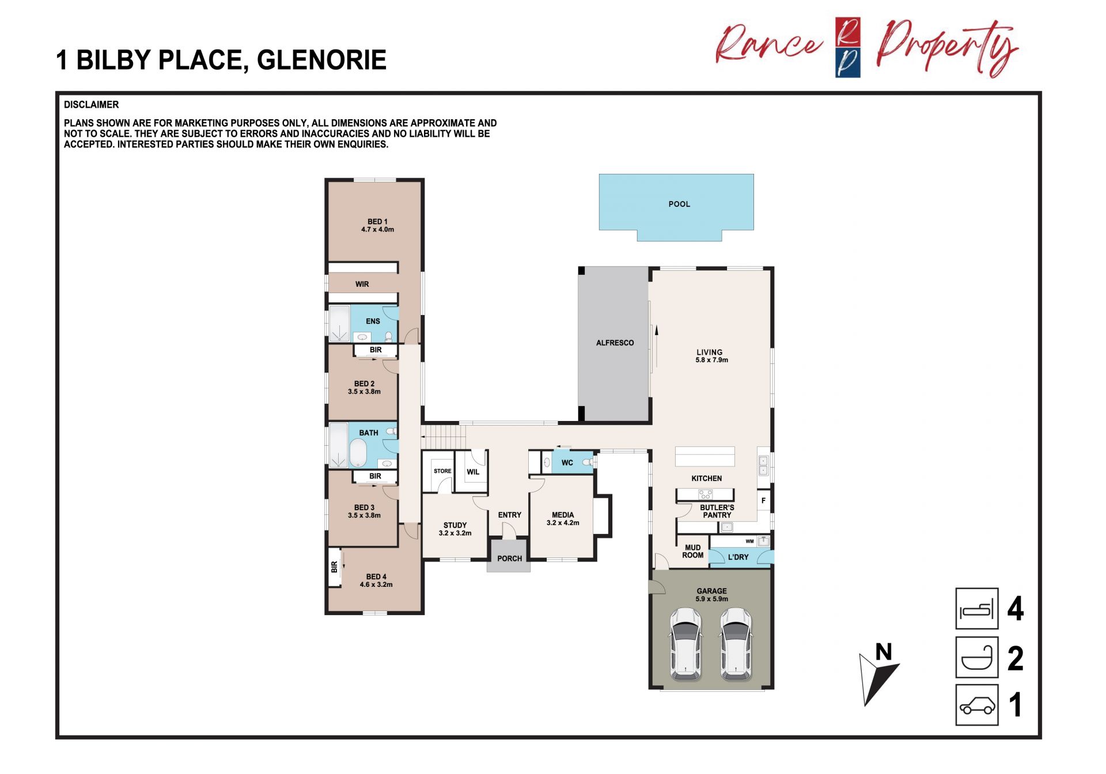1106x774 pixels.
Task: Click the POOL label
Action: pyautogui.click(x=679, y=204)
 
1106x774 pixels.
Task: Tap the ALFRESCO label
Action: pyautogui.click(x=615, y=343)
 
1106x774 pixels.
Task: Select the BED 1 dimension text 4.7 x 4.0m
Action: pyautogui.click(x=378, y=230)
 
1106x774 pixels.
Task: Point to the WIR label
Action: pyautogui.click(x=362, y=284)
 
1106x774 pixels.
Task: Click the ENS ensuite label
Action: pyautogui.click(x=373, y=321)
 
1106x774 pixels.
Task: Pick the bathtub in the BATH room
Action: pyautogui.click(x=358, y=453)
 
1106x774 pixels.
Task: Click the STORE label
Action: pyautogui.click(x=442, y=471)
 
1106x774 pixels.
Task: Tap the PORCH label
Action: pyautogui.click(x=510, y=559)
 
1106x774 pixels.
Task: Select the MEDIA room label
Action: pyautogui.click(x=563, y=515)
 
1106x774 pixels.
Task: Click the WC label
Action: pyautogui.click(x=567, y=462)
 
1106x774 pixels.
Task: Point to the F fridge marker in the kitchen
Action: pyautogui.click(x=763, y=500)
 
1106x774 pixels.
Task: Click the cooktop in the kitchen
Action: pyautogui.click(x=705, y=494)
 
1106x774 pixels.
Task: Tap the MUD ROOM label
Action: pyautogui.click(x=693, y=551)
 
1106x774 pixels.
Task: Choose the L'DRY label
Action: pyautogui.click(x=738, y=557)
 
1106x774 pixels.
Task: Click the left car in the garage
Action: pyautogui.click(x=685, y=644)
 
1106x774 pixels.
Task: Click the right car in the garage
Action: pyautogui.click(x=736, y=644)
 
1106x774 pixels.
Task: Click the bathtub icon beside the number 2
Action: pyautogui.click(x=977, y=657)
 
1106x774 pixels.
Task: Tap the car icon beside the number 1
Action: pyautogui.click(x=977, y=705)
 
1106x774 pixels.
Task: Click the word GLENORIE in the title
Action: pyautogui.click(x=321, y=60)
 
